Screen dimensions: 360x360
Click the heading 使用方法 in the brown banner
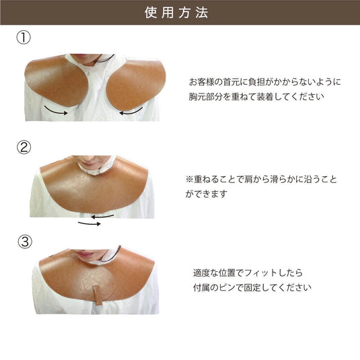click(x=180, y=13)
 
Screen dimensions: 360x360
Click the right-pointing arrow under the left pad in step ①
click(x=57, y=111)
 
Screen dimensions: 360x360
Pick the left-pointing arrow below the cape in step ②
click(x=103, y=216)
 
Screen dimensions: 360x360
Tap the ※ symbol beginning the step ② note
click(x=189, y=180)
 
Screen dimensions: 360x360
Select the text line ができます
click(x=207, y=194)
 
